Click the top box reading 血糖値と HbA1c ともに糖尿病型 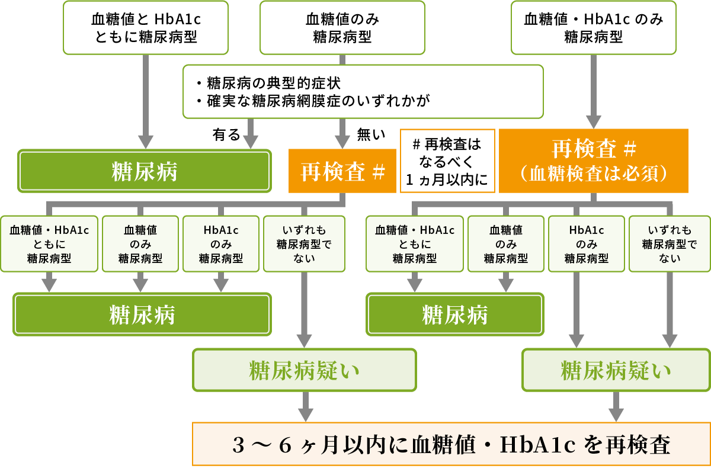(145, 28)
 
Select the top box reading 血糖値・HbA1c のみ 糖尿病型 (593, 28)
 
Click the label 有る (226, 135)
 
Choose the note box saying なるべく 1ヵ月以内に (447, 161)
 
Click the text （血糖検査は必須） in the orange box (593, 174)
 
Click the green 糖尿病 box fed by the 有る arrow (145, 172)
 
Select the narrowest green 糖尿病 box (454, 314)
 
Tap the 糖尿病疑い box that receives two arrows (616, 371)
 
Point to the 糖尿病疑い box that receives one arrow (305, 371)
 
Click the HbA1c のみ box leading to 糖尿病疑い (586, 244)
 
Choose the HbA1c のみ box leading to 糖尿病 (220, 244)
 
